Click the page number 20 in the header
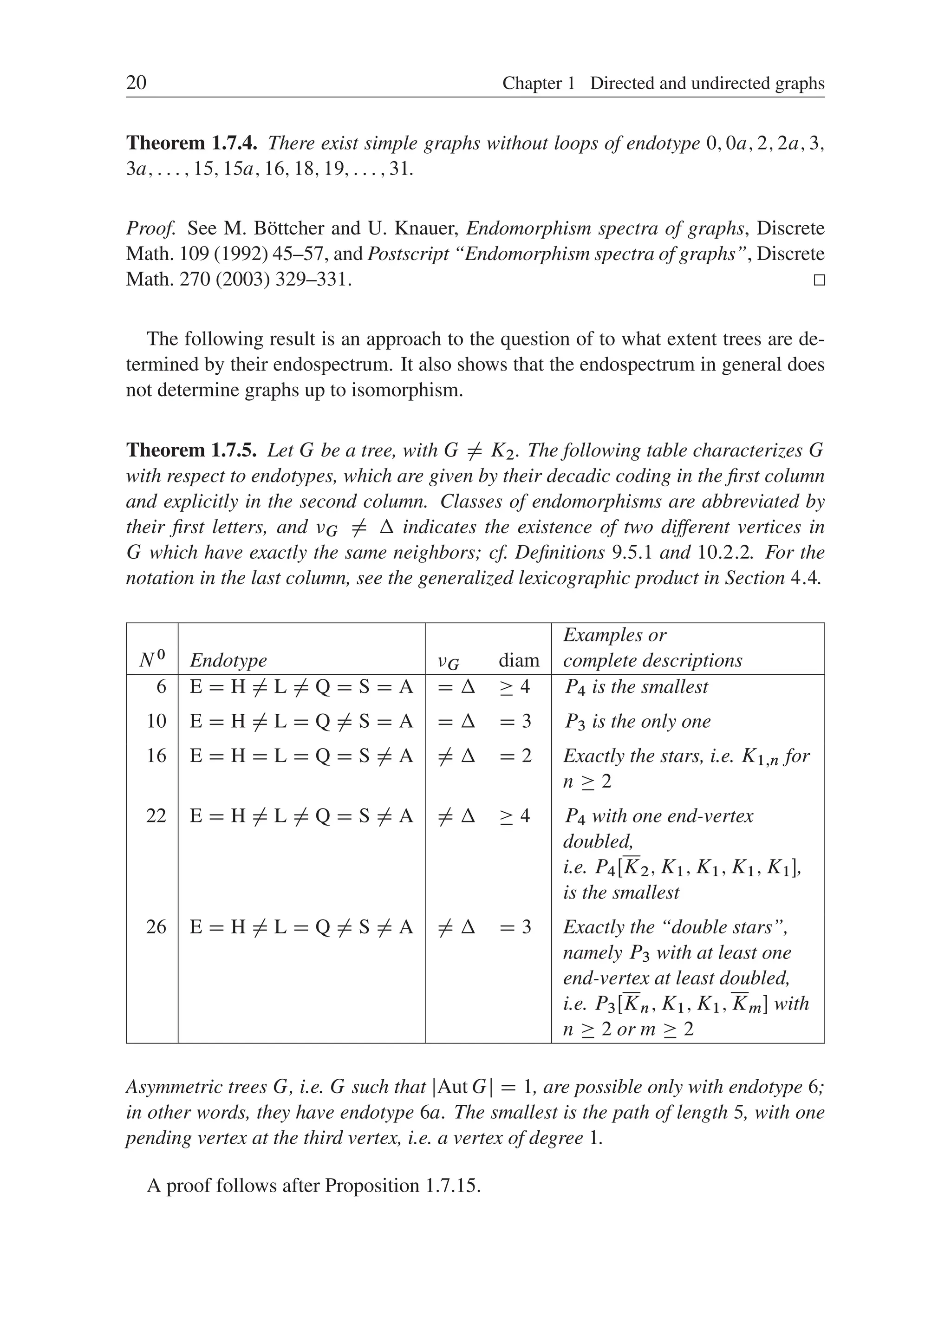pos(136,83)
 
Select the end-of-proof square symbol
pos(819,280)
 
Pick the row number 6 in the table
pos(161,686)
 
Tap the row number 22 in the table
pos(156,815)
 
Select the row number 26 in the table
pos(156,926)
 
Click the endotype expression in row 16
pos(301,756)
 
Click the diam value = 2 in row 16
pos(515,756)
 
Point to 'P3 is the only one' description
pos(637,721)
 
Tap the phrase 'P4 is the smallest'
pos(636,686)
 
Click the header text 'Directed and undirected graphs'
pos(707,83)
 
